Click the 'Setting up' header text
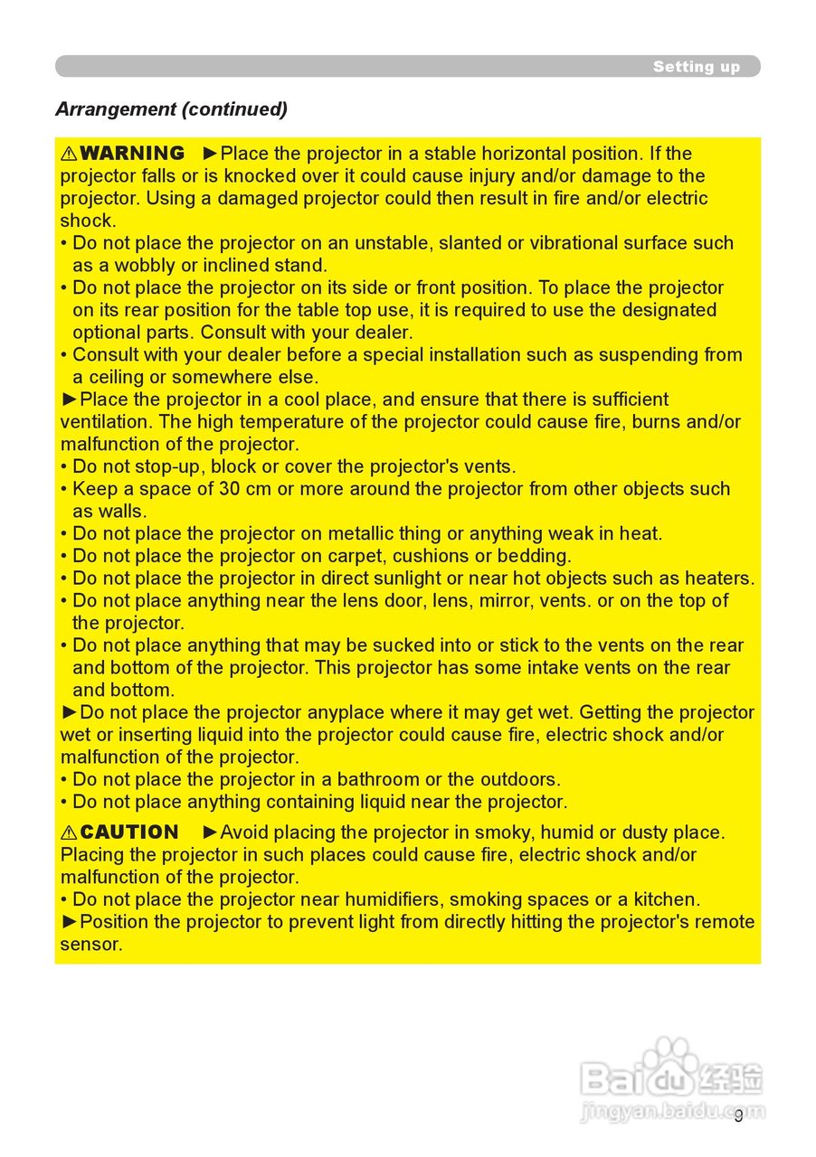[x=696, y=67]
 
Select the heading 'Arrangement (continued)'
[x=171, y=109]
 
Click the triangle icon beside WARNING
[x=69, y=154]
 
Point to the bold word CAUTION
[x=129, y=832]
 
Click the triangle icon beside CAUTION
[x=69, y=832]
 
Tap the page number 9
[x=738, y=1115]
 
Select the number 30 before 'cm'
[x=230, y=489]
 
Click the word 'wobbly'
[x=145, y=266]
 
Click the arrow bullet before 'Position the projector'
[x=70, y=922]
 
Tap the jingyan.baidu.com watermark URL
[x=671, y=1111]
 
